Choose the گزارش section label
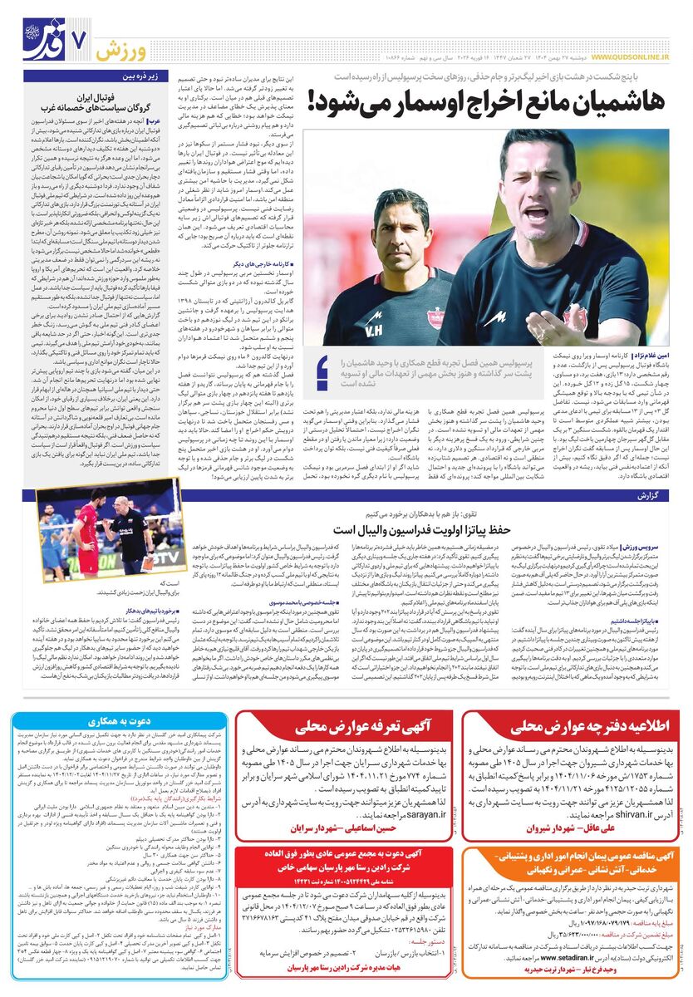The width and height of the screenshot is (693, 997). pyautogui.click(x=658, y=495)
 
